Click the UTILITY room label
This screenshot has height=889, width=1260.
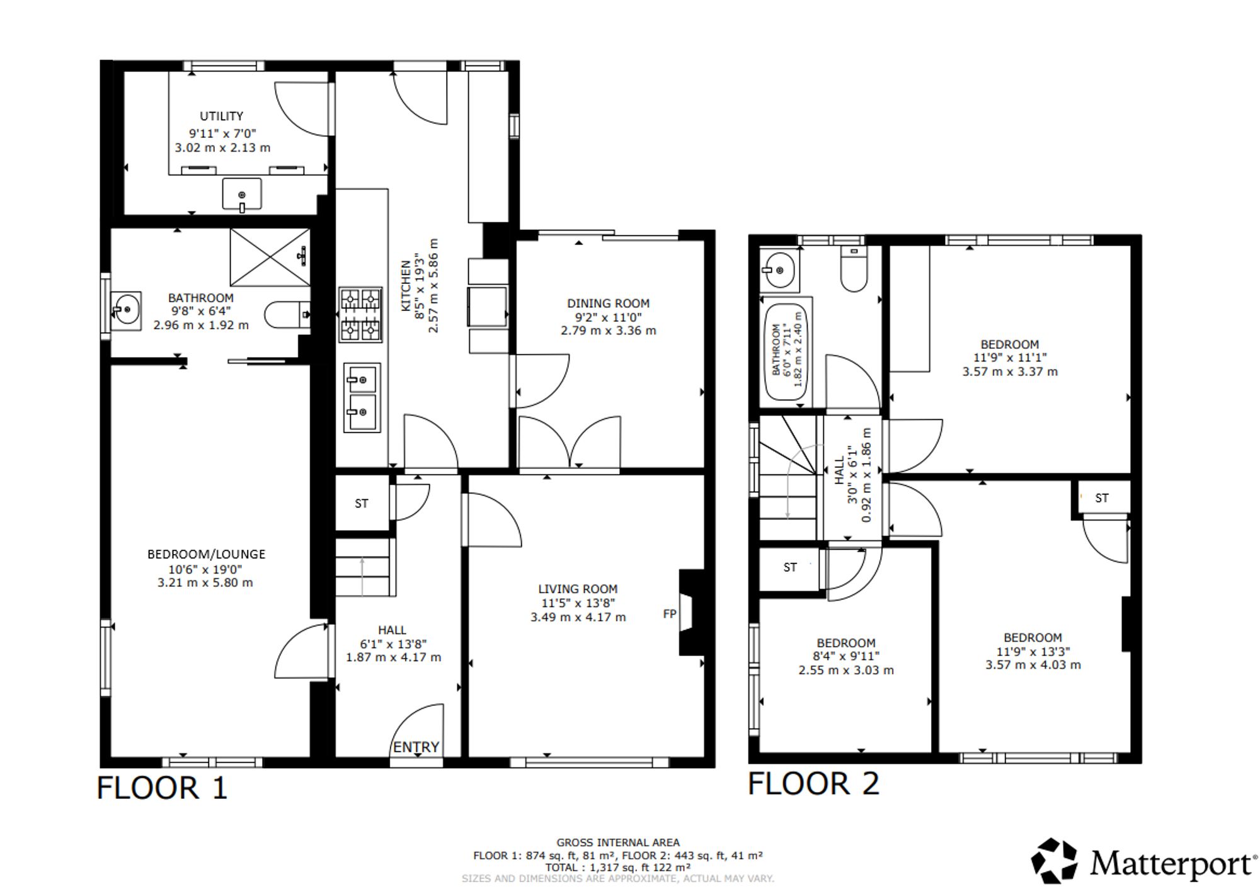pyautogui.click(x=221, y=116)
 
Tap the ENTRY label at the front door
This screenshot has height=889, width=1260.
pyautogui.click(x=416, y=747)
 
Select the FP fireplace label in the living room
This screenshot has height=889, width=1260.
pyautogui.click(x=670, y=613)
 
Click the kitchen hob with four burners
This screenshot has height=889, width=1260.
pyautogui.click(x=361, y=315)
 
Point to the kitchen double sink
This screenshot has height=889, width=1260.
pyautogui.click(x=362, y=397)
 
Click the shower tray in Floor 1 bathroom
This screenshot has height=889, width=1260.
pyautogui.click(x=270, y=257)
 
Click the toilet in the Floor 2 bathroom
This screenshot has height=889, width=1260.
pyautogui.click(x=854, y=268)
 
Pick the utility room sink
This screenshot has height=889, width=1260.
pyautogui.click(x=241, y=193)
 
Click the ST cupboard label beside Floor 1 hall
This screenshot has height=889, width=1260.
pyautogui.click(x=362, y=504)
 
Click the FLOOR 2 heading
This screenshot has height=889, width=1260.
pyautogui.click(x=813, y=784)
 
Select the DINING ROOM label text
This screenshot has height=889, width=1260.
pyautogui.click(x=608, y=303)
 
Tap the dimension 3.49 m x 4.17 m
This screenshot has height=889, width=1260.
pyautogui.click(x=578, y=618)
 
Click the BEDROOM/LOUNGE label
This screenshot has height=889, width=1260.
pyautogui.click(x=207, y=555)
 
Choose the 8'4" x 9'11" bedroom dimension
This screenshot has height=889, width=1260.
pyautogui.click(x=846, y=657)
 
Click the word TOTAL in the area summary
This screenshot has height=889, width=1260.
pyautogui.click(x=562, y=867)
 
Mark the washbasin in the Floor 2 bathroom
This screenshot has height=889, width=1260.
pyautogui.click(x=779, y=270)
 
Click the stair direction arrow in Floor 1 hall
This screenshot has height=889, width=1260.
pyautogui.click(x=362, y=576)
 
